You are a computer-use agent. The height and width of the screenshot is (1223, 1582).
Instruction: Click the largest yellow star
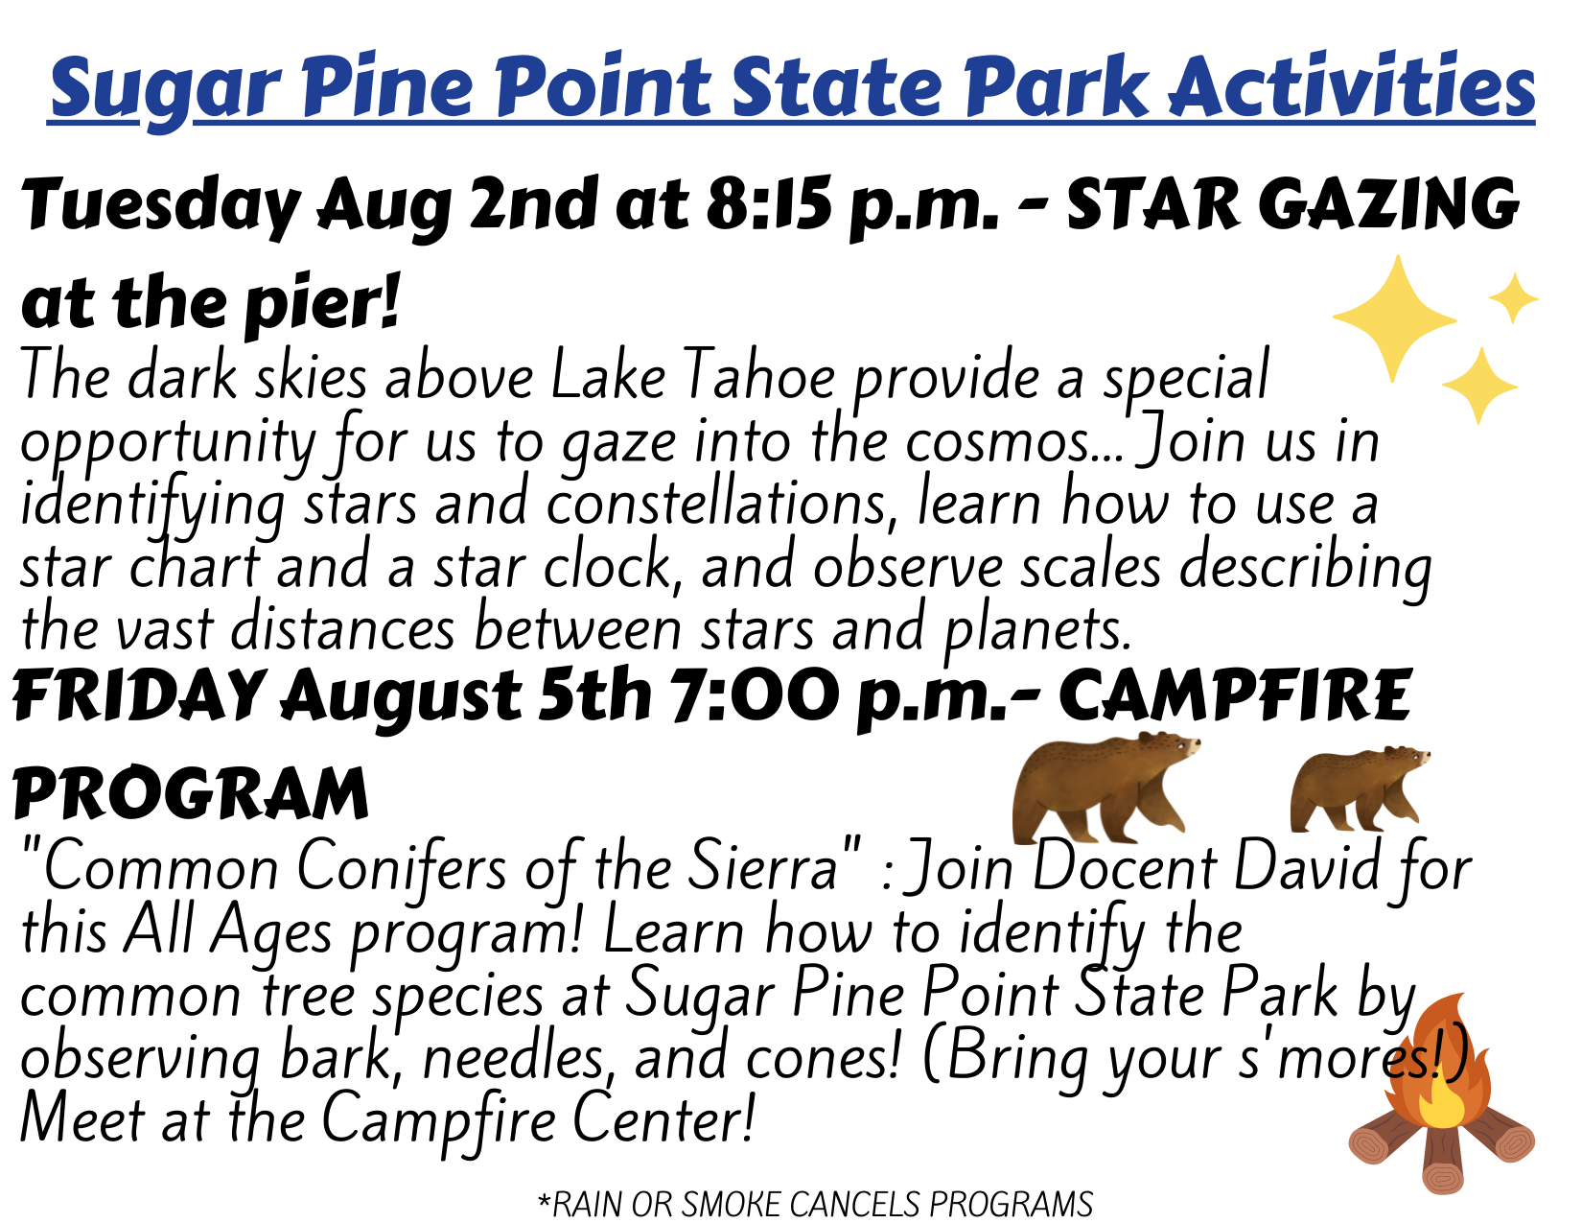[x=1395, y=318]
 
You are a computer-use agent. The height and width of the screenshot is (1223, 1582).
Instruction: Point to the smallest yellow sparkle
[x=1513, y=297]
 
